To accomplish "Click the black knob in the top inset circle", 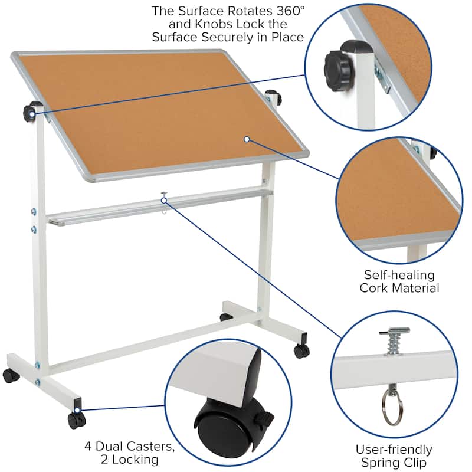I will tap(338, 67).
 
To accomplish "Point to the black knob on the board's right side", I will tap(273, 96).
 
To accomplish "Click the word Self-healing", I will tap(399, 275).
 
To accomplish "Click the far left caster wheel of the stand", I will tap(10, 375).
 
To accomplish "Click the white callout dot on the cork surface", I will tap(247, 139).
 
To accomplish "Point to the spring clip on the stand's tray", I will tap(163, 196).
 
